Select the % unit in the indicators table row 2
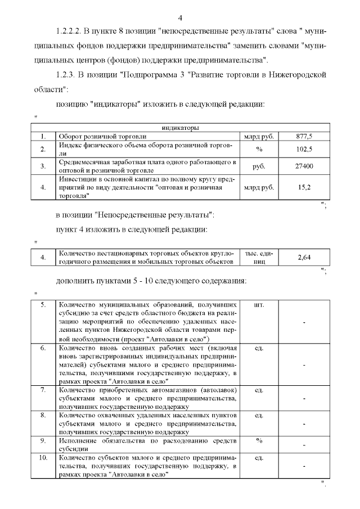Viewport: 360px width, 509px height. (259, 149)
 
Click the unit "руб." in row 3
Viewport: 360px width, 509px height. (259, 166)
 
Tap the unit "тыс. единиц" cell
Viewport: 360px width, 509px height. (259, 258)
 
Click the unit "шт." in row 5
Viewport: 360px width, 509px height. (259, 305)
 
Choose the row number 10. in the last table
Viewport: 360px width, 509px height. (43, 458)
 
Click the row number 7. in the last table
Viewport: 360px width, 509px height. (43, 390)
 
